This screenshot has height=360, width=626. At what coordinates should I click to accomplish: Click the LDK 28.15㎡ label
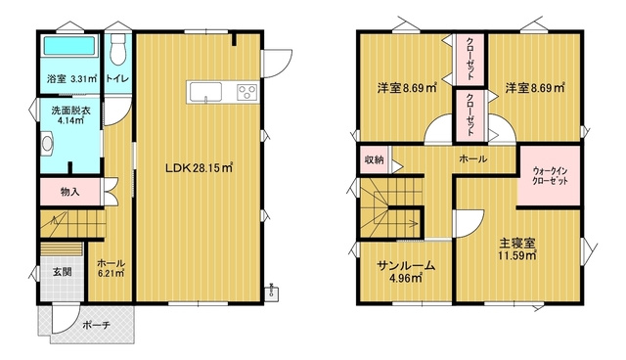[199, 167]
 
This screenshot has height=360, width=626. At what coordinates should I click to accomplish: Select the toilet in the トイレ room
[117, 48]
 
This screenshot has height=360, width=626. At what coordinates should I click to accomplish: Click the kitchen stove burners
[245, 93]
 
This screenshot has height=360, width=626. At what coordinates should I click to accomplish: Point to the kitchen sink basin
[207, 93]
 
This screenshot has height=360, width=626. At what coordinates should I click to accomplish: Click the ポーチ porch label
[95, 323]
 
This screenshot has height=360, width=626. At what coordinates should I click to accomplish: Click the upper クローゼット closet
[470, 61]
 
